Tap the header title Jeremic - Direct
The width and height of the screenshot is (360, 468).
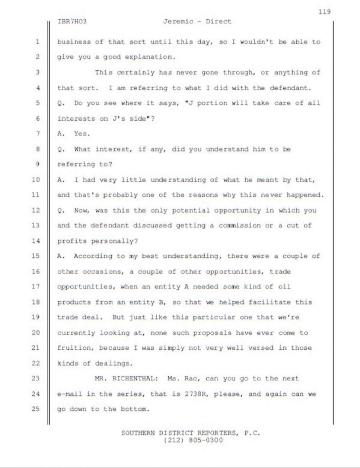pos(197,22)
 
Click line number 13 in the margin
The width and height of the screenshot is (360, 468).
pos(36,225)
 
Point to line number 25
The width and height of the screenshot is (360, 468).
pos(36,409)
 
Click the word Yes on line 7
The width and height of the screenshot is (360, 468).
pos(82,133)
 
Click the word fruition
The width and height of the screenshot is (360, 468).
pos(74,348)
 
